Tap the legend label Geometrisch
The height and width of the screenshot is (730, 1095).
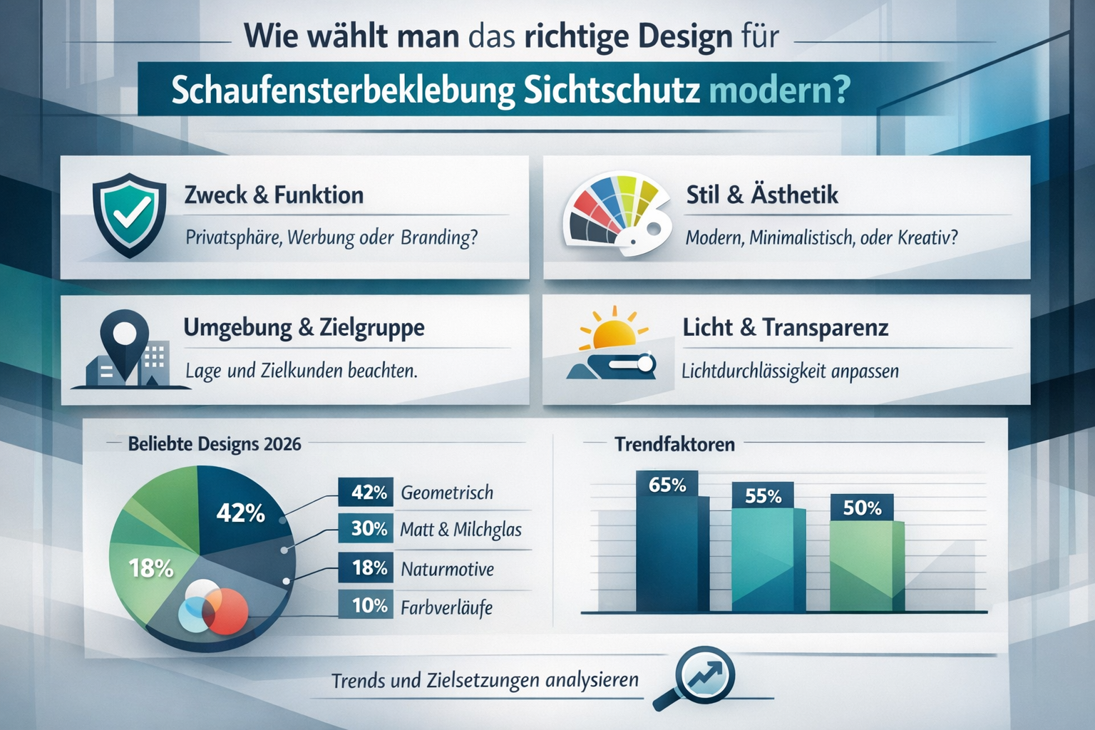[x=447, y=493]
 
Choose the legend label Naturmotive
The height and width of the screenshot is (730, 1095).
[x=447, y=569]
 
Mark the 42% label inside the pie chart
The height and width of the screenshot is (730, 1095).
[x=240, y=513]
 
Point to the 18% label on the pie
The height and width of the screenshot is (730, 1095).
[x=150, y=568]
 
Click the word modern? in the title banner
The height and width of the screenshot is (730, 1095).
[x=779, y=91]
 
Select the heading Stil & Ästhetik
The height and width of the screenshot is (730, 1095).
[x=761, y=195]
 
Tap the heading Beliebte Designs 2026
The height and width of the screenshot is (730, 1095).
[x=214, y=444]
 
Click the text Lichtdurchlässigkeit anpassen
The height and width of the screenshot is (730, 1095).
[x=790, y=371]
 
